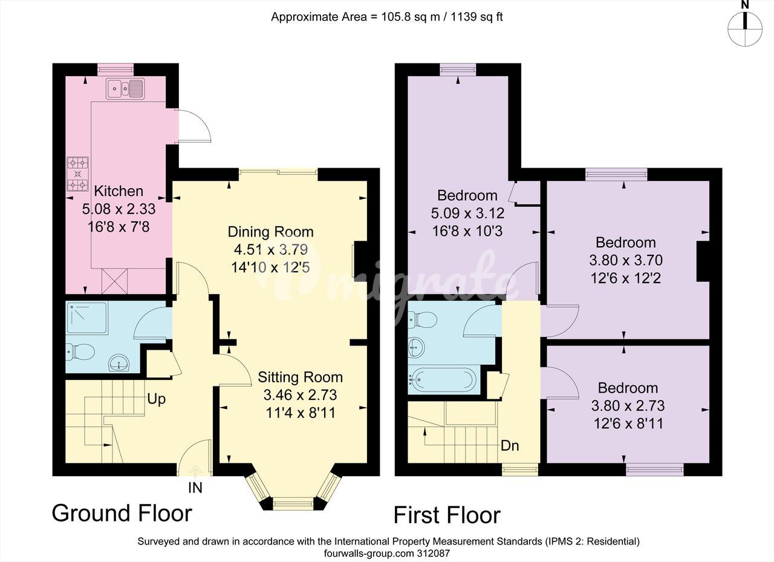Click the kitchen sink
coord(125,89)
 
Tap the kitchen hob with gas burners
coord(78,174)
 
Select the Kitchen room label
coord(119,191)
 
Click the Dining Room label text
coord(270,232)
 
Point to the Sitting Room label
coord(301,377)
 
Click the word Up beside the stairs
coord(156,399)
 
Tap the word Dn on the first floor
coord(510,446)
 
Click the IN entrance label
coord(195,488)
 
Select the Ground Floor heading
coord(122,513)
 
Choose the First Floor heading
coord(447,515)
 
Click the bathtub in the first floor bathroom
coord(444,381)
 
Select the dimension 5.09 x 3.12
coord(467,213)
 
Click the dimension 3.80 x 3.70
coord(626,260)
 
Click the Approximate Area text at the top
coord(386,16)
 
